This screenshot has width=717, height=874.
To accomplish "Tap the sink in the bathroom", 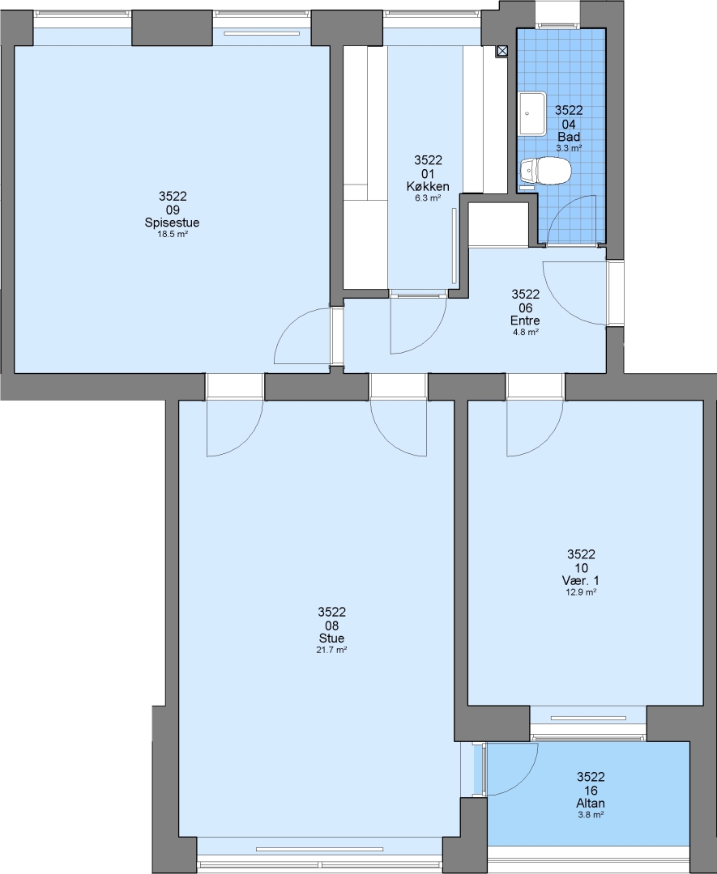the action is click(x=531, y=114).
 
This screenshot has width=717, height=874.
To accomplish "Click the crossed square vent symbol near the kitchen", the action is click(x=502, y=51).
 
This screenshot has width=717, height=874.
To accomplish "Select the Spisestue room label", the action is click(x=172, y=223).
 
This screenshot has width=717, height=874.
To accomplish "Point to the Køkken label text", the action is click(x=428, y=187).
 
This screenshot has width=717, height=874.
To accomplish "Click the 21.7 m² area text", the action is click(x=331, y=649).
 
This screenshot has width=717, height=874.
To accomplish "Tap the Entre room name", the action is click(x=525, y=320).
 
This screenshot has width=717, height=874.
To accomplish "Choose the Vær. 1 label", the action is click(x=581, y=581).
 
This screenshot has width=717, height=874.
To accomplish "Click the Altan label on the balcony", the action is click(x=591, y=804).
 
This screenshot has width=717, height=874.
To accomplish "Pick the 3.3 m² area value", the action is click(x=569, y=148).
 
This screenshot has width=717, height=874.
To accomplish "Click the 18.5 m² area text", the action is click(x=172, y=234).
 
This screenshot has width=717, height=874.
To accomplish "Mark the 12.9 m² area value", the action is click(x=581, y=592).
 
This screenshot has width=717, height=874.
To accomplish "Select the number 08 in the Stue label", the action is click(x=331, y=626).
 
